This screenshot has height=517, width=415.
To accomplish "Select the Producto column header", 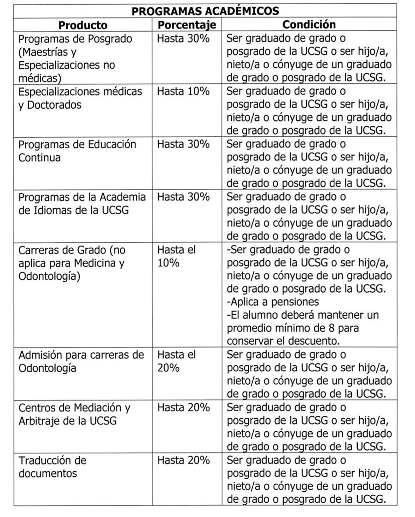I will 83,25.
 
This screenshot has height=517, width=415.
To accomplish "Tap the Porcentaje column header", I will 187,25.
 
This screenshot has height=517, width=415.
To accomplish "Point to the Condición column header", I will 309,25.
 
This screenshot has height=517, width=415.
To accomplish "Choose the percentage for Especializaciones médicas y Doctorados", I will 183,92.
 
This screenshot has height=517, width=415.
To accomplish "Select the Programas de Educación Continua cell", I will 77,151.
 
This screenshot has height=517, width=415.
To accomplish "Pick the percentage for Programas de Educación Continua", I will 183,145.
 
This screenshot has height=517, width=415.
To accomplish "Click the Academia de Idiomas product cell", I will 82,203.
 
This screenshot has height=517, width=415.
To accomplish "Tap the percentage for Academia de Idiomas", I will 183,197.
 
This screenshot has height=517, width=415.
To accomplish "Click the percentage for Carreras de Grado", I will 176,257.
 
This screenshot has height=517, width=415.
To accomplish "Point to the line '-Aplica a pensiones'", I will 274,303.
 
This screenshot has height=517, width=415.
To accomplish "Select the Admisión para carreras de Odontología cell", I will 81,362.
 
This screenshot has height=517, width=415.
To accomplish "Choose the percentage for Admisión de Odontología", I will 176,362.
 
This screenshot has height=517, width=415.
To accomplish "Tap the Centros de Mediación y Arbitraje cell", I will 74,414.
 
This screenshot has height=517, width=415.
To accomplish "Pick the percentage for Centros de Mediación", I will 183,408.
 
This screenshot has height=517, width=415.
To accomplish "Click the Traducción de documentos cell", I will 52,467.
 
